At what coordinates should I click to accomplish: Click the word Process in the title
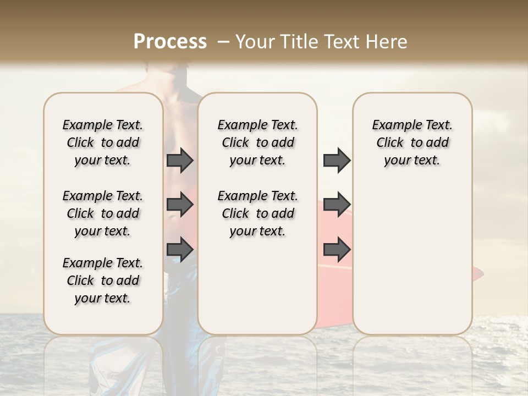[170, 41]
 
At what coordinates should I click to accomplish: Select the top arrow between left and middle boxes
[180, 161]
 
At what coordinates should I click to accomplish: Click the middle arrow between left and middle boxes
[180, 205]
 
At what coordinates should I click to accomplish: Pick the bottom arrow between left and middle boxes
[180, 249]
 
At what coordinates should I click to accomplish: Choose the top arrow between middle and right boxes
[337, 161]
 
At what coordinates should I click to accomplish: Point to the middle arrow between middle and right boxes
[337, 205]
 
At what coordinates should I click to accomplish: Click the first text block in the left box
[103, 142]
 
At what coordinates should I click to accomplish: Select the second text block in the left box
[103, 213]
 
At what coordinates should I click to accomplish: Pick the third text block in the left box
[103, 280]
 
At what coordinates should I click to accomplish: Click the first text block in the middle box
[257, 142]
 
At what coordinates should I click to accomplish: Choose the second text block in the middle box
[257, 213]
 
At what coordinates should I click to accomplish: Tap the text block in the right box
[412, 142]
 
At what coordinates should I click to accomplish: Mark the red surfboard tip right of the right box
[477, 273]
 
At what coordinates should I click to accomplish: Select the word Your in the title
[255, 41]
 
